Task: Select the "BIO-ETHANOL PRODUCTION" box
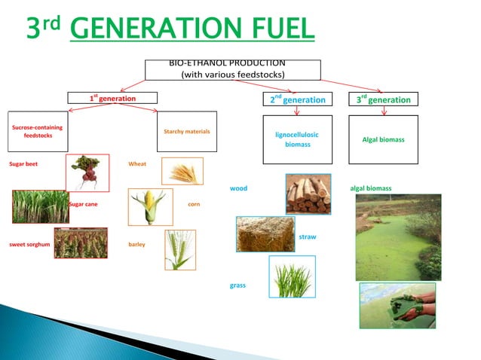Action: pos(227,69)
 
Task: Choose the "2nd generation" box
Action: pos(297,99)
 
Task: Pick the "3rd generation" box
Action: pos(384,99)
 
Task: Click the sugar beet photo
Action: pos(87,172)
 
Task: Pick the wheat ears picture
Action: pos(182,172)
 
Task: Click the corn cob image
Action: pos(150,207)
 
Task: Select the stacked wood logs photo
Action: pos(308,194)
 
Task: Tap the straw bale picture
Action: pos(265,234)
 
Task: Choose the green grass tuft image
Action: pos(292,276)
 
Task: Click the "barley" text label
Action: pos(137,245)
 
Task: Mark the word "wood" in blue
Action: pos(238,188)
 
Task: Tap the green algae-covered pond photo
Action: pos(398,236)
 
